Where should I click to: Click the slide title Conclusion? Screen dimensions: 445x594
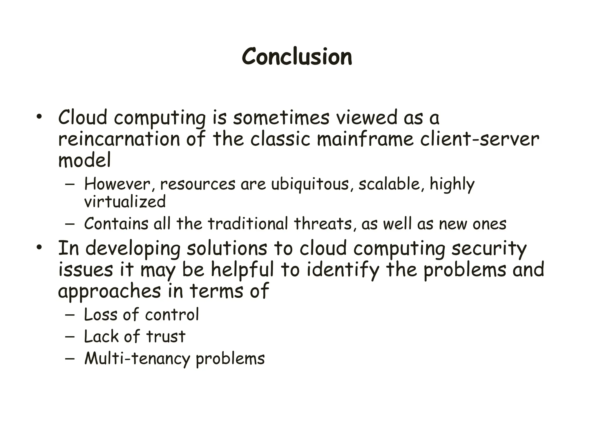(x=297, y=56)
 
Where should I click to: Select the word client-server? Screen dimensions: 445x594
(x=479, y=139)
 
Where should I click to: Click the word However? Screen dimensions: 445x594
(x=117, y=184)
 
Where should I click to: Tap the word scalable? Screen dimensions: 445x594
(x=389, y=184)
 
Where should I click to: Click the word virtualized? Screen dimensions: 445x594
(x=125, y=202)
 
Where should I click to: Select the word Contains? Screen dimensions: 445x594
(x=116, y=224)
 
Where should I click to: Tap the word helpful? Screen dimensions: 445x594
(x=242, y=270)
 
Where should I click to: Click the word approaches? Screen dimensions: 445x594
(x=109, y=291)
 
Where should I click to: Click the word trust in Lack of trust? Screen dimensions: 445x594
(x=166, y=337)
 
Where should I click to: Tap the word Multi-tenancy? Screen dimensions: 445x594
(x=137, y=359)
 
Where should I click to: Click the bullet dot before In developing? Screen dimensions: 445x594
(x=39, y=248)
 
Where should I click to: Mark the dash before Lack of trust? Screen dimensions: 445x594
(x=70, y=337)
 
